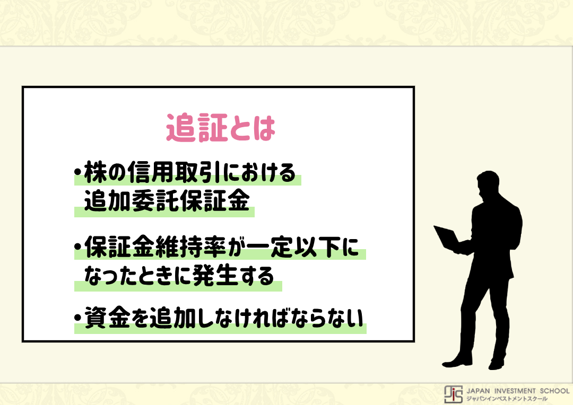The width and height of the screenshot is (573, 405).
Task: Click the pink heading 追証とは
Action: pyautogui.click(x=221, y=127)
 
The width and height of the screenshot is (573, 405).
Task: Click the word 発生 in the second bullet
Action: pyautogui.click(x=215, y=275)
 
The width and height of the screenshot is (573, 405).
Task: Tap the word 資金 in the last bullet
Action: pyautogui.click(x=107, y=317)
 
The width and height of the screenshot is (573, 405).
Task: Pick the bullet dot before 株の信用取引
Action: pyautogui.click(x=77, y=172)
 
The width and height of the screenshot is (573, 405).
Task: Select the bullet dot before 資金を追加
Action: pyautogui.click(x=77, y=318)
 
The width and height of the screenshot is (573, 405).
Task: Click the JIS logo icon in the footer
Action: pyautogui.click(x=454, y=394)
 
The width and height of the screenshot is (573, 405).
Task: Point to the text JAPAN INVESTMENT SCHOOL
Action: pyautogui.click(x=518, y=391)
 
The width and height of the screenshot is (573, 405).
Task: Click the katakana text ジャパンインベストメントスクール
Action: pyautogui.click(x=507, y=399)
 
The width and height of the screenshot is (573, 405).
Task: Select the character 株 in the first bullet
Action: pyautogui.click(x=95, y=172)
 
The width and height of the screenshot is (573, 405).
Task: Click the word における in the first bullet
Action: pyautogui.click(x=259, y=172)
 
